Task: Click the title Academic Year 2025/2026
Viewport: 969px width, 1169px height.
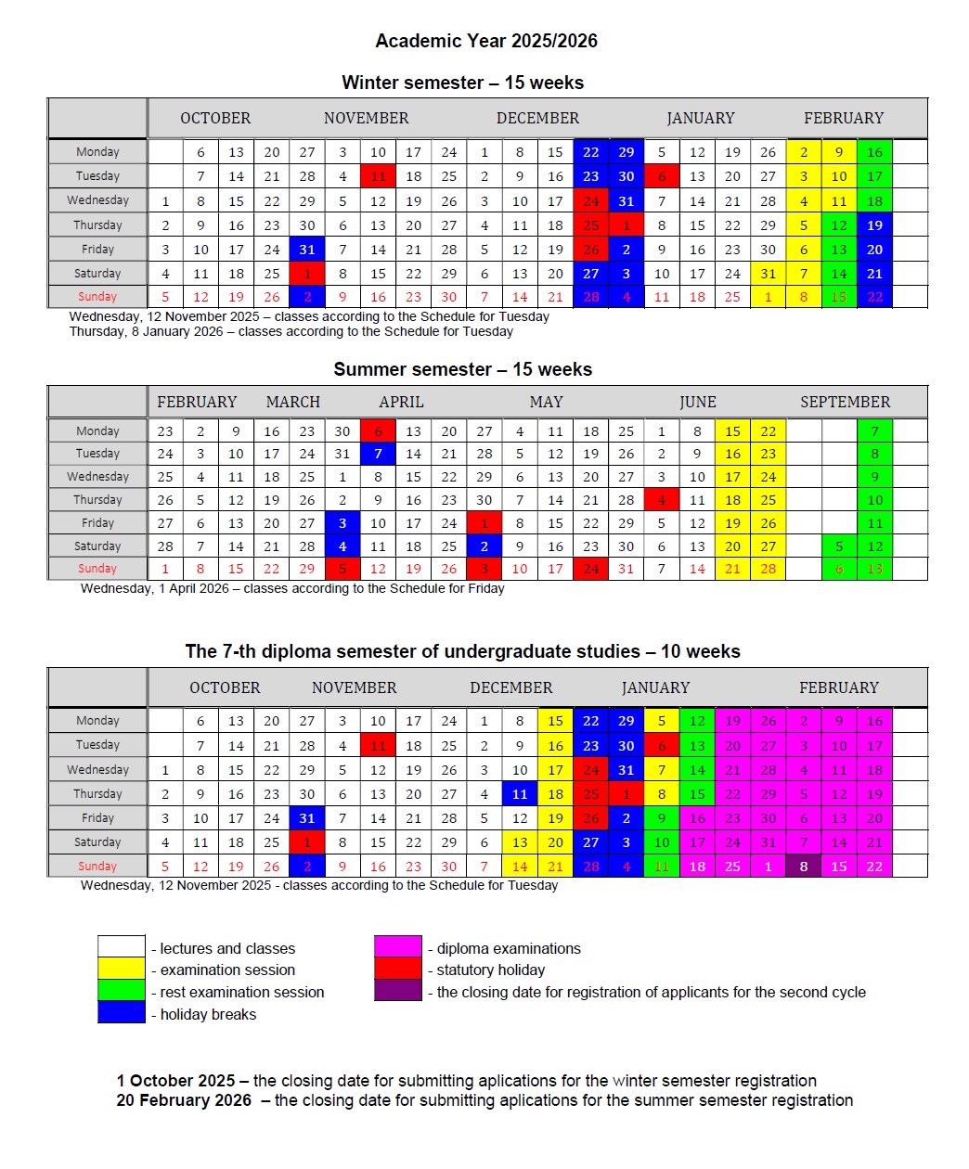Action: click(485, 41)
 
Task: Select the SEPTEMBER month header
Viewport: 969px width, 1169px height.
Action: click(845, 402)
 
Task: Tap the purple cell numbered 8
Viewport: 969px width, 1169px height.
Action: click(804, 867)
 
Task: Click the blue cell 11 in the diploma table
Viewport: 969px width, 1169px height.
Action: click(520, 794)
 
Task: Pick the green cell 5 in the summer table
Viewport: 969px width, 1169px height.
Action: click(839, 546)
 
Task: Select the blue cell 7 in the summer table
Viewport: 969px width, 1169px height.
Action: click(378, 454)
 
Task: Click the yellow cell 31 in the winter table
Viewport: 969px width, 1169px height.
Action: click(769, 274)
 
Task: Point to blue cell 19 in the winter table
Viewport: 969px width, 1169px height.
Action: click(874, 225)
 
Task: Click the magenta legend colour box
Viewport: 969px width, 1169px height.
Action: click(398, 947)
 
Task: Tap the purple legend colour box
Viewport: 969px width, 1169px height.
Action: click(398, 991)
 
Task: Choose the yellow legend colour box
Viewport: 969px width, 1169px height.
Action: click(122, 970)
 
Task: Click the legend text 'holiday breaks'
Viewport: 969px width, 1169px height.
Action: click(208, 1014)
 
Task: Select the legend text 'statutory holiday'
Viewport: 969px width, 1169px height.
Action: click(491, 970)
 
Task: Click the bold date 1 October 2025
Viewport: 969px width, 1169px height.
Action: click(176, 1081)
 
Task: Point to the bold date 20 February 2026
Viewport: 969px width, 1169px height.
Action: click(184, 1100)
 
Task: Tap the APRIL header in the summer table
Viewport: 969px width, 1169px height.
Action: click(401, 402)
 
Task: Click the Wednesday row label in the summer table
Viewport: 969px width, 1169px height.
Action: click(97, 477)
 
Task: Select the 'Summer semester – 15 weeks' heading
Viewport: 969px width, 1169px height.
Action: click(462, 369)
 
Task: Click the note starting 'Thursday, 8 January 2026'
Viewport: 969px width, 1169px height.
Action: click(291, 331)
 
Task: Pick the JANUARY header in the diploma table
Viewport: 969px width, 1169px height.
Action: click(655, 687)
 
